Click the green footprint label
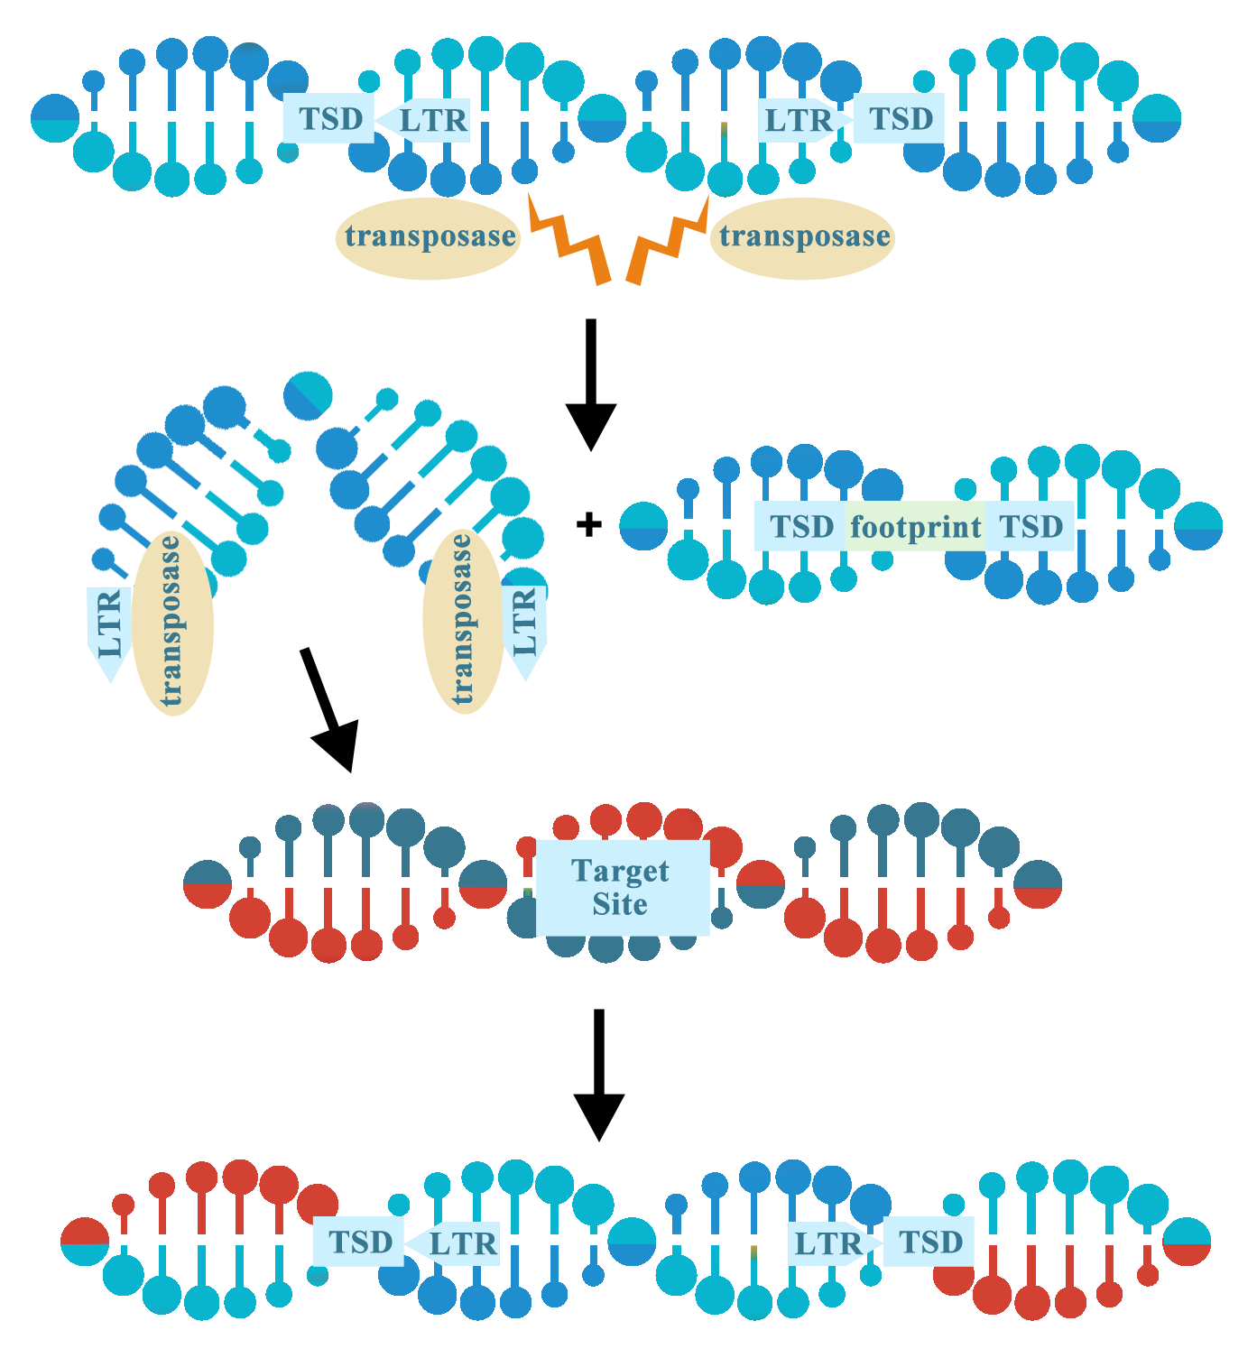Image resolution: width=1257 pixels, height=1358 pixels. (x=915, y=527)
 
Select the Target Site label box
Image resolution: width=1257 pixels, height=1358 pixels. (x=621, y=888)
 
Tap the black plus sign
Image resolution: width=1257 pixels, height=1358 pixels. (x=588, y=524)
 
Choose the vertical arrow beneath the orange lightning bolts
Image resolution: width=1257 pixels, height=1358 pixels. (x=591, y=383)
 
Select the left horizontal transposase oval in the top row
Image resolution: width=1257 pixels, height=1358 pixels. (x=430, y=236)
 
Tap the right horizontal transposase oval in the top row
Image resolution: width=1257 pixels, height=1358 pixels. (x=803, y=236)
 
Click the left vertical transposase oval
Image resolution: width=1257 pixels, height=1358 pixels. (x=172, y=623)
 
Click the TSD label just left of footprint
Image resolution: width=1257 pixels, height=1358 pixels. (x=800, y=527)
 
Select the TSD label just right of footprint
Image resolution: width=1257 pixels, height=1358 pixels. (x=1031, y=527)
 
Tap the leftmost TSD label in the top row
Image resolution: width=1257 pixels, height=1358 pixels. (x=330, y=119)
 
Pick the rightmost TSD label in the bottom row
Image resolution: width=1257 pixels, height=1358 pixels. (x=930, y=1243)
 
